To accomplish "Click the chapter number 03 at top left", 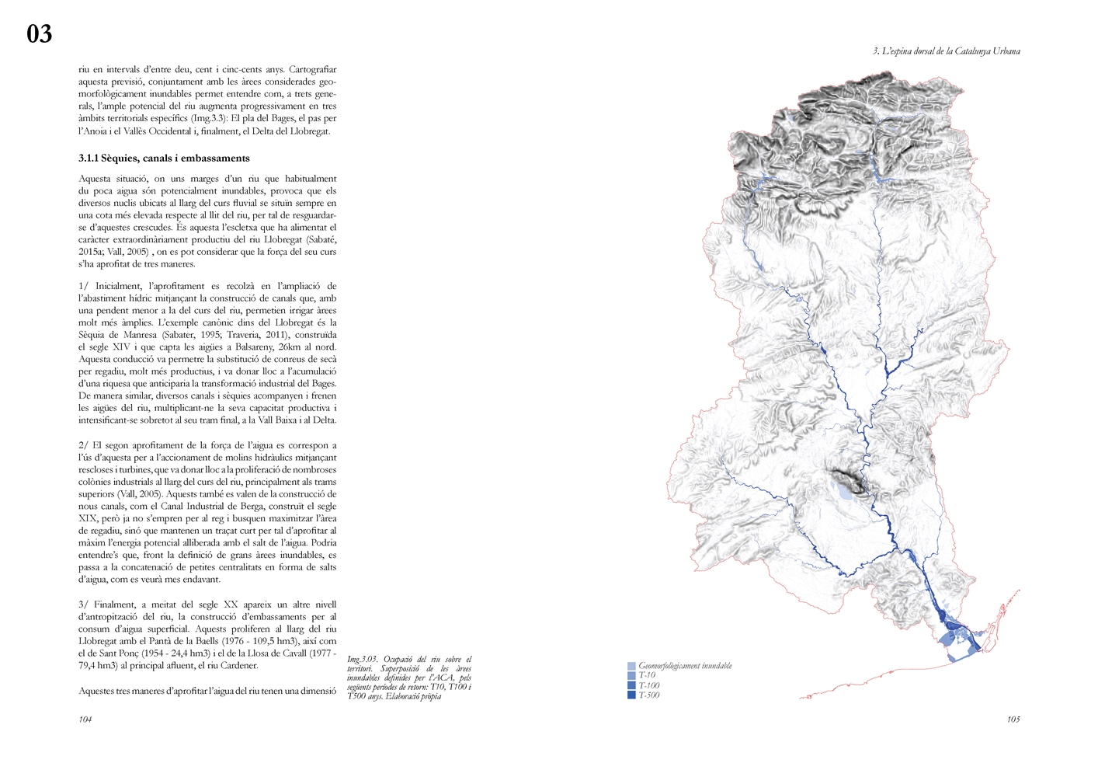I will [x=40, y=34].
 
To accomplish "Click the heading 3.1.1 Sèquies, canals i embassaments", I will [x=164, y=158].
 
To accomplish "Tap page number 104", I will [x=85, y=720].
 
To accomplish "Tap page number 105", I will [x=1013, y=720].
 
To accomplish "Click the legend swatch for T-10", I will [x=631, y=676].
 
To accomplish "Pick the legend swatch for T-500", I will [x=631, y=695].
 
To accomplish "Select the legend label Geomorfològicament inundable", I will [x=685, y=666].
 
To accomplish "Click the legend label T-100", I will [x=649, y=685].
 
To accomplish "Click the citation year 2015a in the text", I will [x=91, y=252].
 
